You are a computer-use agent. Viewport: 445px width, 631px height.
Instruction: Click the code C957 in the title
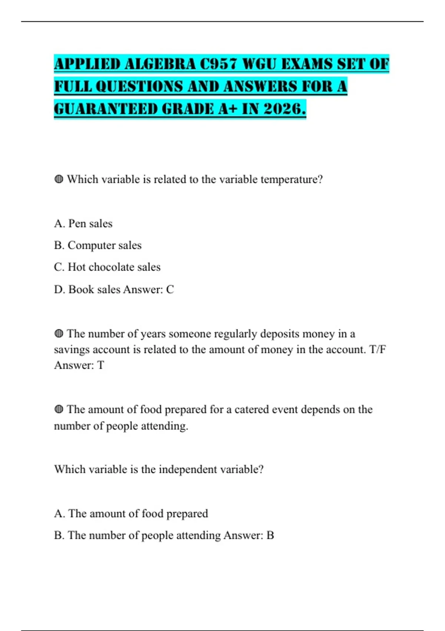(218, 64)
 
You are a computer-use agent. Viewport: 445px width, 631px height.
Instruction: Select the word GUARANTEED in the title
(105, 109)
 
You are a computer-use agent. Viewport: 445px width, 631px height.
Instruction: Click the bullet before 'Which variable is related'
(59, 179)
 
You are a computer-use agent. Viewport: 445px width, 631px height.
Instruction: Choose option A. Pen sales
(83, 223)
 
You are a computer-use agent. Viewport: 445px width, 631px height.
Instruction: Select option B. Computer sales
(98, 245)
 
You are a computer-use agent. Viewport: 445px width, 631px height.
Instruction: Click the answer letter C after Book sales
(170, 290)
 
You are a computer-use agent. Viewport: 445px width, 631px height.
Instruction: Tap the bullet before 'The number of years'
(59, 334)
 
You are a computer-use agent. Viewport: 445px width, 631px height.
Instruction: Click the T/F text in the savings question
(378, 350)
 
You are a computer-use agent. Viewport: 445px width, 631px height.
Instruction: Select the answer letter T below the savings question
(100, 365)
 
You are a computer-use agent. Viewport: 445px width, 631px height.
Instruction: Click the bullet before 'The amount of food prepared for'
(59, 409)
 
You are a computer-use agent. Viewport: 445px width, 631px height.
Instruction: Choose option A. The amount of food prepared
(131, 513)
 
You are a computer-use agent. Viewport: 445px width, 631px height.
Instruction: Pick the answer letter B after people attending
(270, 535)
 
